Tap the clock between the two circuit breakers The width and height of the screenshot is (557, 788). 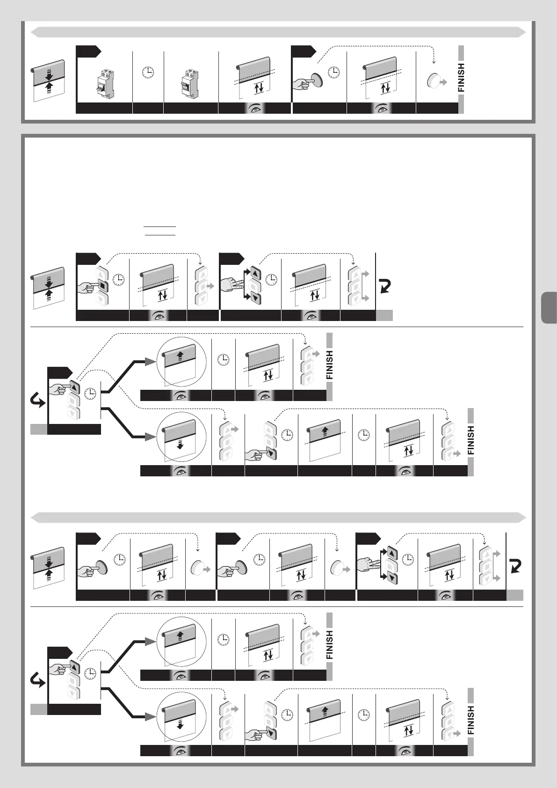click(148, 72)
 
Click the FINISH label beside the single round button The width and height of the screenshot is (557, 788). click(462, 78)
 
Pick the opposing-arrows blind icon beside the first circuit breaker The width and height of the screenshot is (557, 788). click(48, 77)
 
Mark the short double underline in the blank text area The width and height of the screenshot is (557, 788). click(159, 230)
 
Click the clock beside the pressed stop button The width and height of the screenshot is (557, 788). click(119, 279)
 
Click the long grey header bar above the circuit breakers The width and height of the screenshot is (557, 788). click(278, 32)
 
